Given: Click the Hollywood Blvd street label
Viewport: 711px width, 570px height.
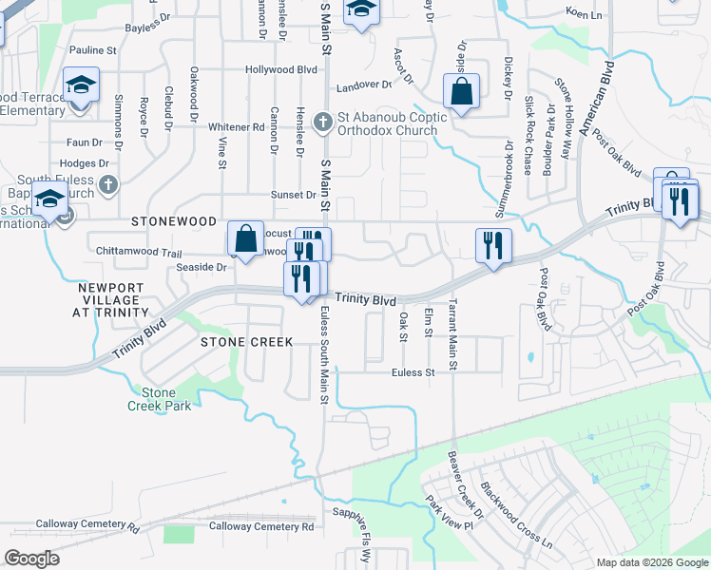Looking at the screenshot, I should [280, 69].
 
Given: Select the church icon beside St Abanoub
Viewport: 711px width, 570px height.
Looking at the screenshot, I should [323, 121].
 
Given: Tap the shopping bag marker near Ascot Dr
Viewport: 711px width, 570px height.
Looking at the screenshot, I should [461, 93].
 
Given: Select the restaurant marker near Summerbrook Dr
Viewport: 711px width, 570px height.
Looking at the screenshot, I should [493, 246].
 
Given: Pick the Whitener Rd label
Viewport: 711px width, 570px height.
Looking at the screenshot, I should [236, 126].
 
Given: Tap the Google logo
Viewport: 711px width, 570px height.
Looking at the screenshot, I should [31, 559].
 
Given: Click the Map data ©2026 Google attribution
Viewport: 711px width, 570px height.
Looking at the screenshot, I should [652, 562].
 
